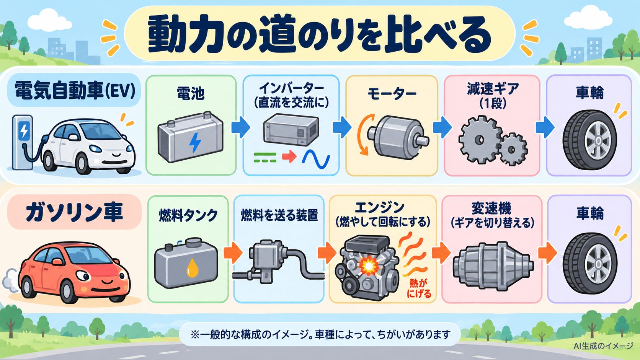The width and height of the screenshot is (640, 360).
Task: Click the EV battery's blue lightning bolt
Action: (x=195, y=142)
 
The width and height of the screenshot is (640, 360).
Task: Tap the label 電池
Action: (x=191, y=94)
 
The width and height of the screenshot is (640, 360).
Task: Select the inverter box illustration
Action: (x=291, y=130)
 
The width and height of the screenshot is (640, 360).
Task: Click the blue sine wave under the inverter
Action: (x=316, y=159)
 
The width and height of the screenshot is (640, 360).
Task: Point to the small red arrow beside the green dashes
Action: (x=289, y=156)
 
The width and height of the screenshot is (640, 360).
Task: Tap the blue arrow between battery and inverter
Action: (x=240, y=127)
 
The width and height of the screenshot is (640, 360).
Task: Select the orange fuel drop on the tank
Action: (x=192, y=268)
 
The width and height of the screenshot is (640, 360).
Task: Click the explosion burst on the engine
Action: (x=369, y=266)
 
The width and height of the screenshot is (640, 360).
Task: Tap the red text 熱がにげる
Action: (x=419, y=288)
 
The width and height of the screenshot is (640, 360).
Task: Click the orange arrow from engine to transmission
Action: (x=441, y=252)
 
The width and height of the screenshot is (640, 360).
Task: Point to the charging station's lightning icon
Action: (x=24, y=130)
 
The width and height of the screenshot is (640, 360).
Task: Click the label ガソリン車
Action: (x=74, y=212)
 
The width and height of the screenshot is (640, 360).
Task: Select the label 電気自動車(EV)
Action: (x=75, y=91)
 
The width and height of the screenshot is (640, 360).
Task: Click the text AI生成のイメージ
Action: (x=603, y=346)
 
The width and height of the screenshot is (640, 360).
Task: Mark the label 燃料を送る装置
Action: (x=279, y=215)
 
